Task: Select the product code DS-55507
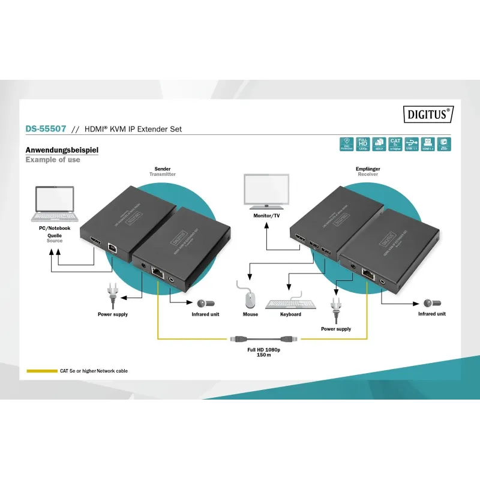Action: click(46, 129)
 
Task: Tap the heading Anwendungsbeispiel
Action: click(61, 150)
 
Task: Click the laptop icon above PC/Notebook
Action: click(53, 205)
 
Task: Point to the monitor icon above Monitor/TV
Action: click(267, 191)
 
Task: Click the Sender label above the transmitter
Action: click(163, 169)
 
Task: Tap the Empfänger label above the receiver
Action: click(368, 169)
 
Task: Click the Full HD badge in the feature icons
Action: click(362, 144)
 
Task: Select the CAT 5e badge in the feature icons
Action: click(395, 144)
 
